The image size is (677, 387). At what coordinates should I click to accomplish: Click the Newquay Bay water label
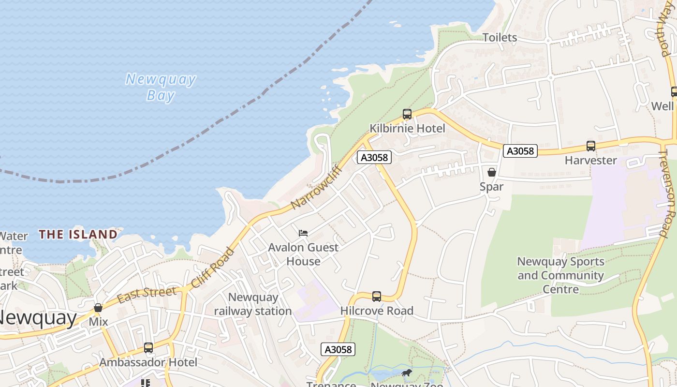pyautogui.click(x=161, y=87)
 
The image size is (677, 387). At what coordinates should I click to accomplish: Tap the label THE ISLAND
pyautogui.click(x=78, y=235)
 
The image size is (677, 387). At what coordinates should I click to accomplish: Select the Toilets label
pyautogui.click(x=500, y=37)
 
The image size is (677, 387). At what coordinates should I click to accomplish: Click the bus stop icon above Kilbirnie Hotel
pyautogui.click(x=407, y=114)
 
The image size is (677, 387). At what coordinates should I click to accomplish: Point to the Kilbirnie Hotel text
pyautogui.click(x=407, y=128)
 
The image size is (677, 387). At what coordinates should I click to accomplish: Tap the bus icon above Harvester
pyautogui.click(x=590, y=146)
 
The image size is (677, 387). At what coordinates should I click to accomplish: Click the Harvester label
pyautogui.click(x=590, y=160)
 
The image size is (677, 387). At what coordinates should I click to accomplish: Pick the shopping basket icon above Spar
pyautogui.click(x=492, y=172)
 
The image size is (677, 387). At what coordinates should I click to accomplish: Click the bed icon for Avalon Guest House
pyautogui.click(x=303, y=233)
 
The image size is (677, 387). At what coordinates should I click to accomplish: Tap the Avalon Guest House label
pyautogui.click(x=303, y=254)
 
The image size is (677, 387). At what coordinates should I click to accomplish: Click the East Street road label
pyautogui.click(x=147, y=294)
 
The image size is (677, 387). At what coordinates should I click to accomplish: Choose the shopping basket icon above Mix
pyautogui.click(x=98, y=308)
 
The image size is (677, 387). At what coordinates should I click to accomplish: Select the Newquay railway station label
pyautogui.click(x=253, y=304)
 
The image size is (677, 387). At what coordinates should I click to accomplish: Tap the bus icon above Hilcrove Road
pyautogui.click(x=377, y=296)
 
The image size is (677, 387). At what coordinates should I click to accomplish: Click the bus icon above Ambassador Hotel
pyautogui.click(x=148, y=348)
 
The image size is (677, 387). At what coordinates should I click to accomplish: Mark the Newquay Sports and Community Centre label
pyautogui.click(x=560, y=275)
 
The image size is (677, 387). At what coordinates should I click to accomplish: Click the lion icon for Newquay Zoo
pyautogui.click(x=407, y=372)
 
